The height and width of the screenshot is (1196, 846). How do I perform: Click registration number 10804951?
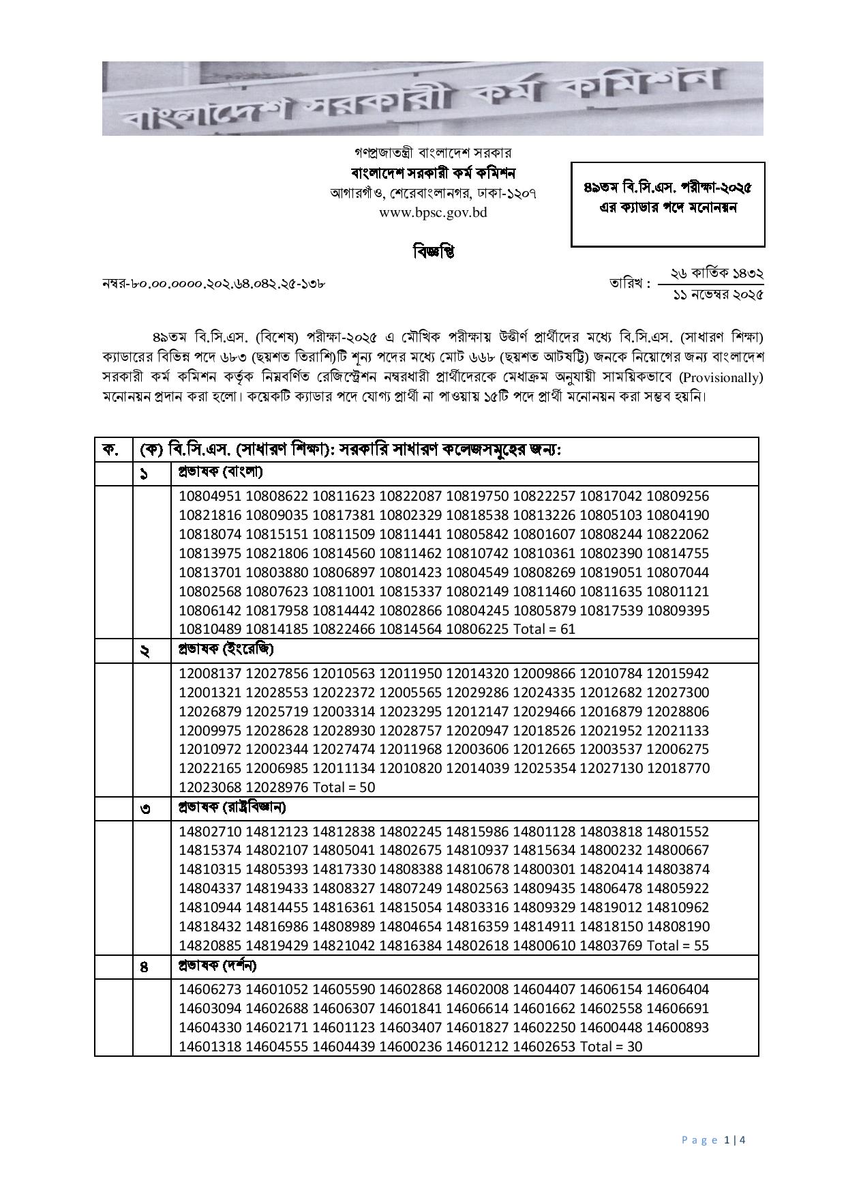point(209,496)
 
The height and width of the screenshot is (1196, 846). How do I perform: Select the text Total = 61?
point(544,629)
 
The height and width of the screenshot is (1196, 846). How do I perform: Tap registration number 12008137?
point(209,673)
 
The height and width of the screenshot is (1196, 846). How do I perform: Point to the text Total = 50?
point(344,787)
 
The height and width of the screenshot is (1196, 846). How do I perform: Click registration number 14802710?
point(209,832)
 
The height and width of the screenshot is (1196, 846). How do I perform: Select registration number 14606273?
point(209,989)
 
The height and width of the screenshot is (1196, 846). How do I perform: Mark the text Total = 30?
point(611,1047)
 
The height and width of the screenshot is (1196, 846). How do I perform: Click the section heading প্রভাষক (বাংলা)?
point(220,471)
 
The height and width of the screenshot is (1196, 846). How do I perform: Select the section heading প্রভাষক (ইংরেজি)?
point(226,649)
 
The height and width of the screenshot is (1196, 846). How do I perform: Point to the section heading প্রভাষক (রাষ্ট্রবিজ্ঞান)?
point(232,807)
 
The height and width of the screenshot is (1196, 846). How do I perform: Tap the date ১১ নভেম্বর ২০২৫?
point(718,295)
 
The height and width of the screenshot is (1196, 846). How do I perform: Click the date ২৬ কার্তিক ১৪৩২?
point(716,274)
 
